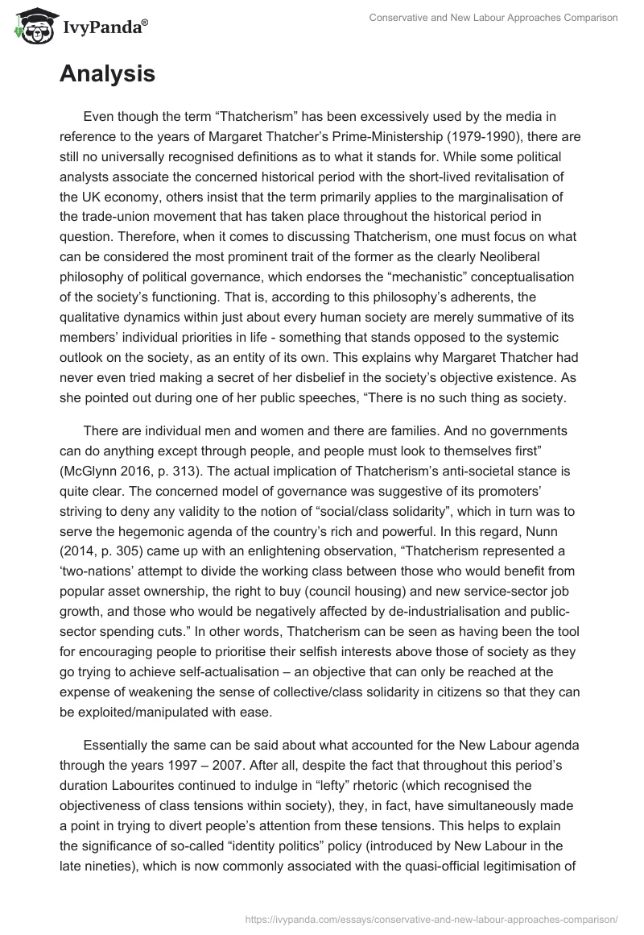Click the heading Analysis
[107, 74]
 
